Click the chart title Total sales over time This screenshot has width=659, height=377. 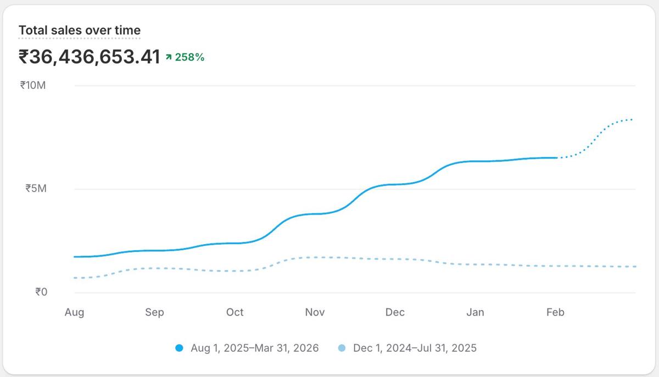point(80,30)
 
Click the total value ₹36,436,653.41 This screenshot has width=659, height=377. point(89,57)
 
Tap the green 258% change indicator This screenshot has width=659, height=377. point(189,57)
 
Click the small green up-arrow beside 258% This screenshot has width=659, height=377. point(169,57)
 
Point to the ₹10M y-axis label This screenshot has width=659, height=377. point(33,85)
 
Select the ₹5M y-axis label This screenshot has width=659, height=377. point(36,188)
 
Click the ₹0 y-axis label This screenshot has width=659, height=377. point(41,292)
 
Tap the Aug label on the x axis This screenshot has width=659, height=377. point(74,312)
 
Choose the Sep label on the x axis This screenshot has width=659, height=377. point(154,312)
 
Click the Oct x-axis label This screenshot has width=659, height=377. point(234,312)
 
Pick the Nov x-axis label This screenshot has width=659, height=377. point(315,312)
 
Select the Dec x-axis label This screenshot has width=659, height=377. point(395,312)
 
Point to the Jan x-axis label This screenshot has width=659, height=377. point(475,312)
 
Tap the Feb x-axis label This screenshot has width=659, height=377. point(555,312)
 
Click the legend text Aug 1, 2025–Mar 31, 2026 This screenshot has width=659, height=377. point(254,348)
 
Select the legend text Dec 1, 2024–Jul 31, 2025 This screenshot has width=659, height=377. point(415,348)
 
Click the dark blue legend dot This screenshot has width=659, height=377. point(178,348)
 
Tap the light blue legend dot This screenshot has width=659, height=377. point(342,348)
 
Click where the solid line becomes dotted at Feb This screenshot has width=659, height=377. point(556,157)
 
